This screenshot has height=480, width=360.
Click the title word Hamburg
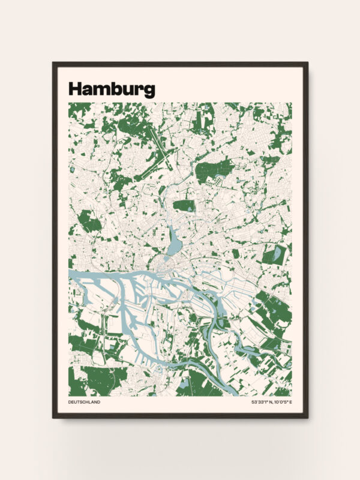coord(112,89)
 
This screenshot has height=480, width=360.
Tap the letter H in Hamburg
coord(75,89)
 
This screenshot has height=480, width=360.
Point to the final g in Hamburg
coord(149,91)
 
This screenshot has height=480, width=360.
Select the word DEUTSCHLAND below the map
coord(85,402)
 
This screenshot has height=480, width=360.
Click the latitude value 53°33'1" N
coord(262,402)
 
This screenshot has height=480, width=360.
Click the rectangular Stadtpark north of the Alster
coord(184,205)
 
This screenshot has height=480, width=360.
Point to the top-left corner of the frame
coord(53,63)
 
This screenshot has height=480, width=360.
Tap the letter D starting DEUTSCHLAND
coord(70,402)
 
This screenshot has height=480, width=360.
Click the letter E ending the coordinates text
coord(290,402)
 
